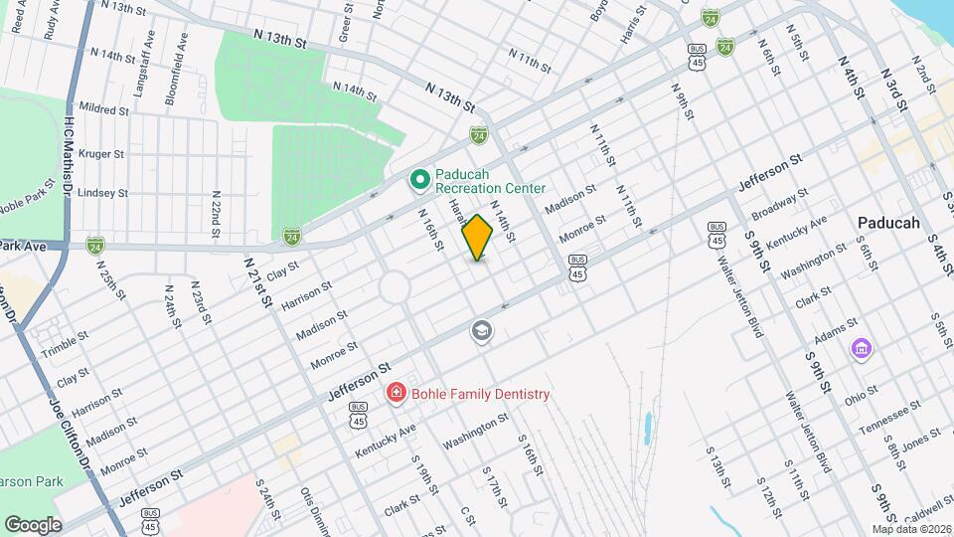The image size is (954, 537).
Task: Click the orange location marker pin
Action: pyautogui.click(x=478, y=238)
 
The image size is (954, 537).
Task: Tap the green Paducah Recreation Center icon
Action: pyautogui.click(x=419, y=180)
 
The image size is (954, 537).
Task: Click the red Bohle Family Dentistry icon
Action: pyautogui.click(x=396, y=394)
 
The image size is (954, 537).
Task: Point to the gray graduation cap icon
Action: pyautogui.click(x=482, y=331)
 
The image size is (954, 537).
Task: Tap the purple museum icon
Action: pyautogui.click(x=861, y=349)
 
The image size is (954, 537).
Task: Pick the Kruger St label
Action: pyautogui.click(x=100, y=154)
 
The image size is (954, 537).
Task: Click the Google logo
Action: pyautogui.click(x=33, y=524)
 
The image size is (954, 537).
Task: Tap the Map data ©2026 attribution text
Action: pyautogui.click(x=911, y=529)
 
